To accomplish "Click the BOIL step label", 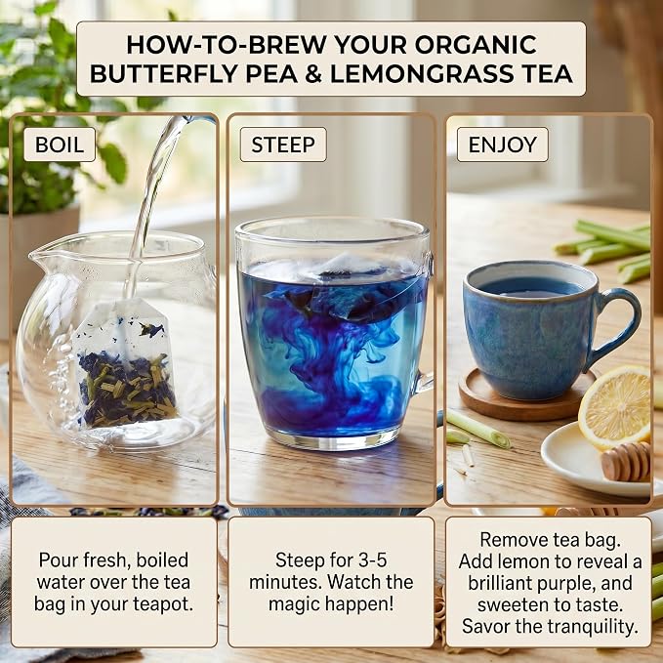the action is (60, 145).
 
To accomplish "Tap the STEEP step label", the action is (283, 145).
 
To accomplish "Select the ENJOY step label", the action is (502, 145).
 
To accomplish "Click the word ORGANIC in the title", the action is (476, 44).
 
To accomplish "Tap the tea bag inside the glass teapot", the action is (125, 363).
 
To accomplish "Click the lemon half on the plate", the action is (615, 407).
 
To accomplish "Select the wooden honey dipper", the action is (626, 462).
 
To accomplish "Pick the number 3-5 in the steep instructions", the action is (373, 560).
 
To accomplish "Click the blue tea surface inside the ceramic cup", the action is (531, 287).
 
